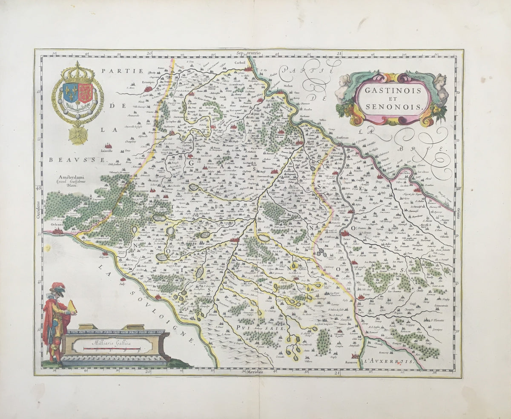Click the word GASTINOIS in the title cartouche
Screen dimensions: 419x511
[391, 90]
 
